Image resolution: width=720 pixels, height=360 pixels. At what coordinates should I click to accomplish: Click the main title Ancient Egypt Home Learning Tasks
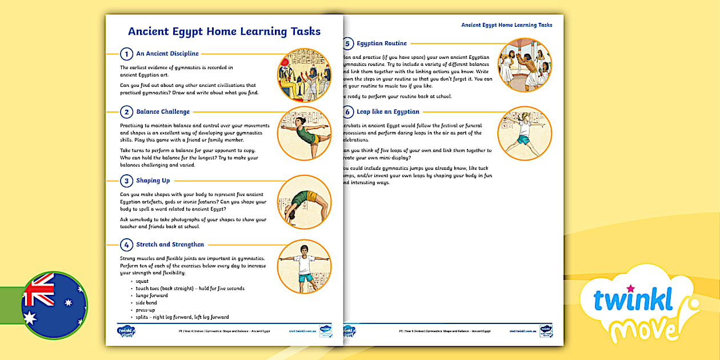pyautogui.click(x=224, y=31)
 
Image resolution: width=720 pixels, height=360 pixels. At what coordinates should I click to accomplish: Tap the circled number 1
pyautogui.click(x=126, y=54)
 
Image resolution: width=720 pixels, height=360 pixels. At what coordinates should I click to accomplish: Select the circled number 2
pyautogui.click(x=126, y=112)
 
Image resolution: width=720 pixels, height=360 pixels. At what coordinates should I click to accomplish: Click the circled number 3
pyautogui.click(x=126, y=181)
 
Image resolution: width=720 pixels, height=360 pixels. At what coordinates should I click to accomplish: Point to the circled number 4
pyautogui.click(x=126, y=245)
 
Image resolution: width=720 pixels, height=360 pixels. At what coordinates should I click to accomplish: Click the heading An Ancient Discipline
pyautogui.click(x=167, y=54)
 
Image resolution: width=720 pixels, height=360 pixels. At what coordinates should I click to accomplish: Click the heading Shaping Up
pyautogui.click(x=153, y=181)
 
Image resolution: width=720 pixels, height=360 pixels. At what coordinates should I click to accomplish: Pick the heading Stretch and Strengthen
pyautogui.click(x=170, y=245)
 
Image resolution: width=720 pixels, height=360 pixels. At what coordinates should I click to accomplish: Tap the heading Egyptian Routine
pyautogui.click(x=382, y=43)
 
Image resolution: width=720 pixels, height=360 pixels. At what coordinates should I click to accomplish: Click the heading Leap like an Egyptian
pyautogui.click(x=388, y=112)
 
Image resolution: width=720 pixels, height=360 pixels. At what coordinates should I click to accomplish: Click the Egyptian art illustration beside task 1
pyautogui.click(x=304, y=75)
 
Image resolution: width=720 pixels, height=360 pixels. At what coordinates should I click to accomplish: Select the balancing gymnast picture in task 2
pyautogui.click(x=304, y=133)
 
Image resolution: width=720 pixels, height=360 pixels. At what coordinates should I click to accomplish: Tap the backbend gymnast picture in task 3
pyautogui.click(x=304, y=202)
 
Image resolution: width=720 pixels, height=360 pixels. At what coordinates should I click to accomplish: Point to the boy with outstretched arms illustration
pyautogui.click(x=304, y=266)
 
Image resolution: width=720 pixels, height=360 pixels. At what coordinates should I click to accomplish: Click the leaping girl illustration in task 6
pyautogui.click(x=524, y=133)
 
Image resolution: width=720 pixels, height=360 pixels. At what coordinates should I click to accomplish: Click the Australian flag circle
pyautogui.click(x=54, y=305)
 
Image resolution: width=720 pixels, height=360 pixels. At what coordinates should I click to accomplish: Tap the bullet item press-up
pyautogui.click(x=145, y=310)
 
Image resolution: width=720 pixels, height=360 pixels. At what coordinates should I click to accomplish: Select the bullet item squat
pyautogui.click(x=142, y=281)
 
